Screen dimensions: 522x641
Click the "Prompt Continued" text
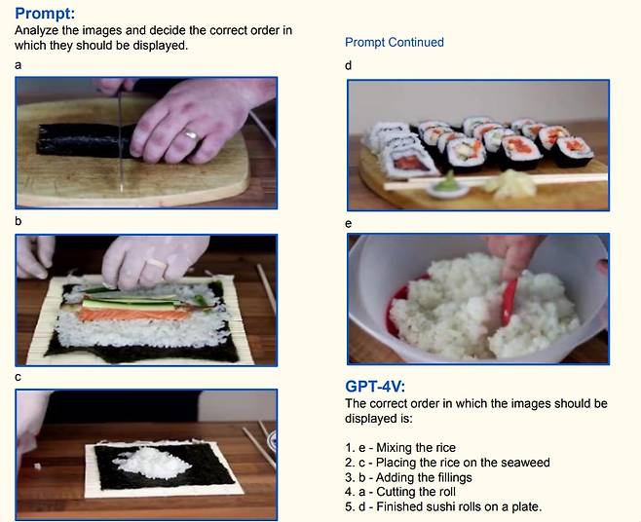(x=394, y=43)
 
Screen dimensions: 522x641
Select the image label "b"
(x=19, y=221)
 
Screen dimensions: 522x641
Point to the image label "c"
(x=19, y=377)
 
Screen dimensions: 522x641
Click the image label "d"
(x=349, y=65)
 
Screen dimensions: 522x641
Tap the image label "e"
(x=349, y=222)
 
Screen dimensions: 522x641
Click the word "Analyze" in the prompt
(x=36, y=31)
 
